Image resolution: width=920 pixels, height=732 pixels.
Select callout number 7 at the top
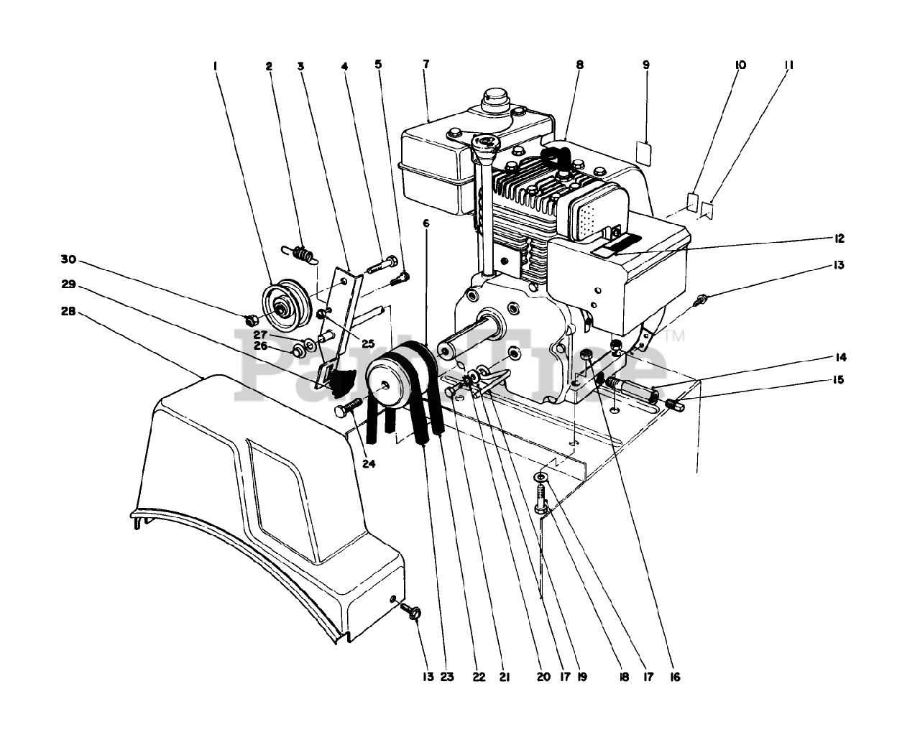tap(425, 65)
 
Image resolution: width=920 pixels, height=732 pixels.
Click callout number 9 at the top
tap(645, 65)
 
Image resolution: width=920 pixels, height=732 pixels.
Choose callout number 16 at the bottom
tap(673, 677)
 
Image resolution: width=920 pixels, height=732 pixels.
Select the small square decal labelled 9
tap(645, 153)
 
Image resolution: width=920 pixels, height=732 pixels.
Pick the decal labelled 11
tap(708, 209)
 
